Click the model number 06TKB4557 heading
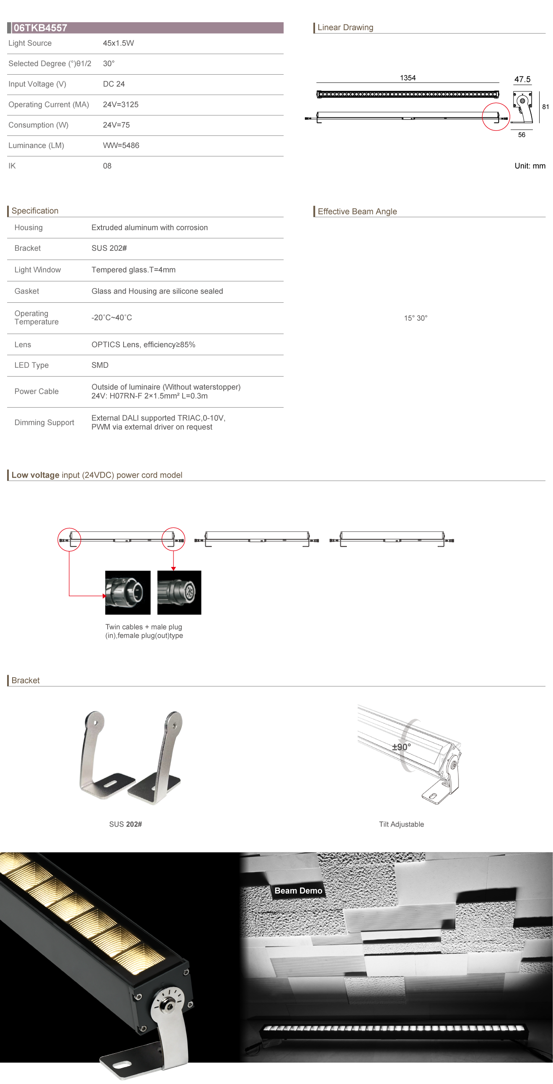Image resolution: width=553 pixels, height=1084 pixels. (x=40, y=28)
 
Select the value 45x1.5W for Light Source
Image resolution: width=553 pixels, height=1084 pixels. (x=118, y=43)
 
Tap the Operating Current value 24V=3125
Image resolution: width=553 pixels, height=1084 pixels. (x=120, y=104)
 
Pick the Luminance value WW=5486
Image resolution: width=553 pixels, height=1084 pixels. (x=121, y=146)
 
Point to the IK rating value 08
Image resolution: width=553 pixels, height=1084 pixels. (x=107, y=166)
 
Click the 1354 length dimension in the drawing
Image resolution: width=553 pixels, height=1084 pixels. (x=407, y=78)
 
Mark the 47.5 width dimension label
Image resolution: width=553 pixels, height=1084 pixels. (x=522, y=79)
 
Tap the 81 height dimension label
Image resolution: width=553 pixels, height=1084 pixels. (x=545, y=107)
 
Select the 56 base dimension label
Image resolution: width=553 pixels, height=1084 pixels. (x=521, y=135)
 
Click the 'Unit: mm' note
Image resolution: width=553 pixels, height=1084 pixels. (x=530, y=166)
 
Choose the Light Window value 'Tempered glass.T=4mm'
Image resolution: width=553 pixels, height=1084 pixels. (x=133, y=270)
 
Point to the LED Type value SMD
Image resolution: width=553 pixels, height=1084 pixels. (x=100, y=365)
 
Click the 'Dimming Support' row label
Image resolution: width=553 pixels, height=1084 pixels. (x=44, y=423)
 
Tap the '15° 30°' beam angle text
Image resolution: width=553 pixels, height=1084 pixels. (x=415, y=318)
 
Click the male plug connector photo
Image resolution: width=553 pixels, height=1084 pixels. (x=127, y=592)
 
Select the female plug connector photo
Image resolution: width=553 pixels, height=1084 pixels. (x=179, y=592)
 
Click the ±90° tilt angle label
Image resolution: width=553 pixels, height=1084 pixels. (x=401, y=747)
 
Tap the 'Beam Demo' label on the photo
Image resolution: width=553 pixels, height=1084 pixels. (x=298, y=890)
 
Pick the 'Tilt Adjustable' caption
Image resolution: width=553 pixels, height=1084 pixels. (x=401, y=824)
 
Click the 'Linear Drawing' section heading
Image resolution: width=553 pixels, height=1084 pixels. (x=345, y=27)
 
